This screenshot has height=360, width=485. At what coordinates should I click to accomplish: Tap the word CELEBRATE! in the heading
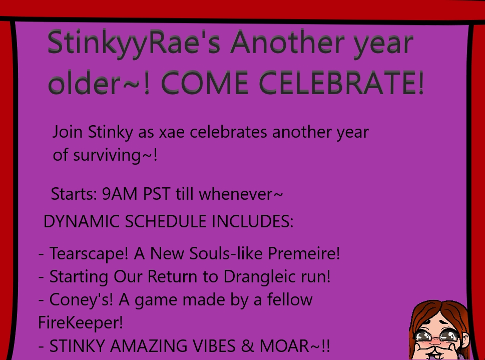[x=341, y=83]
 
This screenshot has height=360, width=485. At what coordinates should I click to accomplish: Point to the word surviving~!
[x=116, y=155]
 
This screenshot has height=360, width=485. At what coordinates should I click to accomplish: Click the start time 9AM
[x=120, y=194]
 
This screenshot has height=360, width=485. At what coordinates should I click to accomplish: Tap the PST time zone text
[x=157, y=194]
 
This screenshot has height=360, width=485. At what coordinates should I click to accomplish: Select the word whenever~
[x=241, y=194]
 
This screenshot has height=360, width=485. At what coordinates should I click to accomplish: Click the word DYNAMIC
[x=82, y=221]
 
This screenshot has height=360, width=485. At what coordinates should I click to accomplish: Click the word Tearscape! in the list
[x=89, y=253]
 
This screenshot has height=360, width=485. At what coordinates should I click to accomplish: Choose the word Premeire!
[x=304, y=253]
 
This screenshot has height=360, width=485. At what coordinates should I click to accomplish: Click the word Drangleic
[x=260, y=276]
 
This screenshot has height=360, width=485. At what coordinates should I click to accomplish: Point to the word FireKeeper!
[x=81, y=322]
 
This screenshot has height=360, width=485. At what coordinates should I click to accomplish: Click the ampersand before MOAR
[x=247, y=346]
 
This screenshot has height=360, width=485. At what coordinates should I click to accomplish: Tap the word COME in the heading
[x=204, y=83]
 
